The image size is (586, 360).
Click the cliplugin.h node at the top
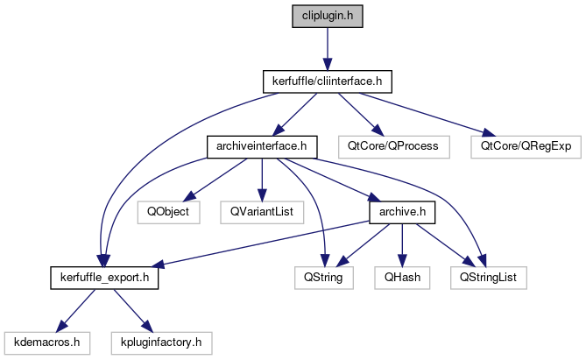[x=326, y=15]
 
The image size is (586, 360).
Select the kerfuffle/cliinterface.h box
[x=326, y=81]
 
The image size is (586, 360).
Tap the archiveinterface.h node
[x=260, y=145]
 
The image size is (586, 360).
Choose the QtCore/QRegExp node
[x=526, y=145]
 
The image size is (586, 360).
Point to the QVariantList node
[x=261, y=211]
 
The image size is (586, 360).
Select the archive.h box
[x=401, y=211]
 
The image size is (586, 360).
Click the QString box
[x=323, y=277]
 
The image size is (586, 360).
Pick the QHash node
[x=401, y=277]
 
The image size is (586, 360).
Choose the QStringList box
[x=488, y=277]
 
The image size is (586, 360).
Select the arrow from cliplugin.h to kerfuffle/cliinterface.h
[x=326, y=48]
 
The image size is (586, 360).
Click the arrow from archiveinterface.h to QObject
[x=215, y=179]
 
